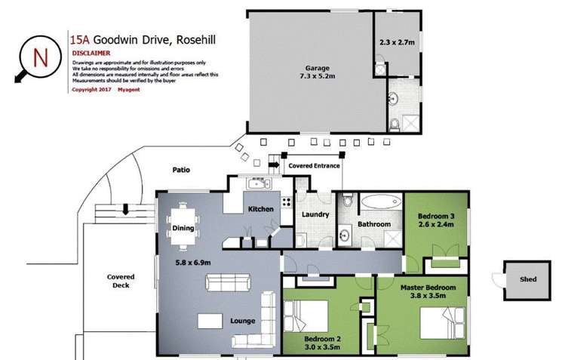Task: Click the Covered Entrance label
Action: pos(312,165)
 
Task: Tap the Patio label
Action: pos(181,170)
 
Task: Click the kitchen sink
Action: pos(254,184)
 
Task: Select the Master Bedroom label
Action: pos(428,288)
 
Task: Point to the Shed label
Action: pos(528,279)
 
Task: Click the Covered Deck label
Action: pos(118,281)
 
